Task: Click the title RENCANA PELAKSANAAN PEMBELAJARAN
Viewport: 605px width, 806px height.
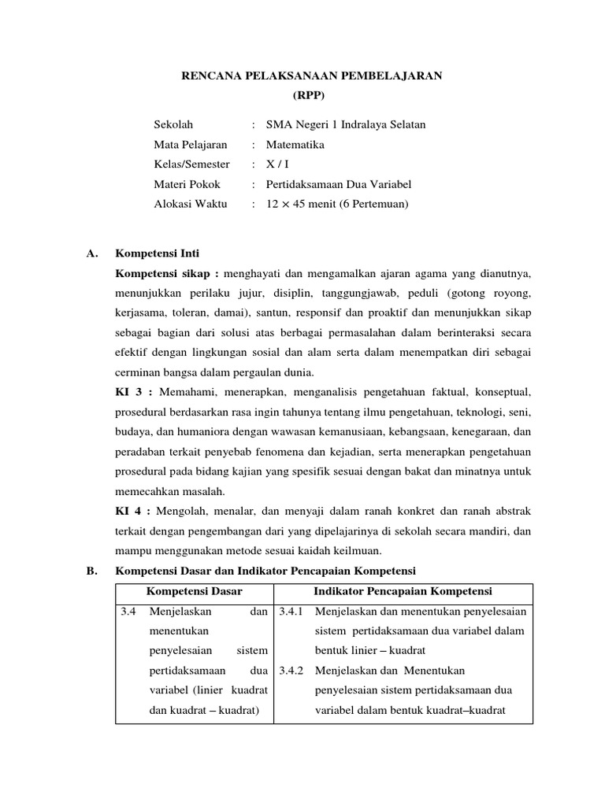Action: [x=313, y=76]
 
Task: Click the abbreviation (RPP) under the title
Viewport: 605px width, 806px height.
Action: [x=308, y=95]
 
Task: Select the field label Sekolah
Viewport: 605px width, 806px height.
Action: [x=173, y=124]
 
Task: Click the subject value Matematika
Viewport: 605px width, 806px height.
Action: [x=295, y=145]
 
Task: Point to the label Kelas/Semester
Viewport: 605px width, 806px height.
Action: [x=191, y=165]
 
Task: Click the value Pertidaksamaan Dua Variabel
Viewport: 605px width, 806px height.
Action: [x=339, y=184]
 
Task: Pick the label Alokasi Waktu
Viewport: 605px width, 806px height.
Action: [x=190, y=204]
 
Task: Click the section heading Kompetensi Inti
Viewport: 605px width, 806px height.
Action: [x=158, y=253]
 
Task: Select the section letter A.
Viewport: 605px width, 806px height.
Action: [x=91, y=253]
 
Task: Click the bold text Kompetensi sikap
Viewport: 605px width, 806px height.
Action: [x=165, y=273]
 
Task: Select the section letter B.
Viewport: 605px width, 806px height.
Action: [x=91, y=570]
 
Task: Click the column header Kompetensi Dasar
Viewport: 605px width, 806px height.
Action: [x=194, y=591]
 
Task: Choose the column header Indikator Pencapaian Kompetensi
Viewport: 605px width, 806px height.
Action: [x=403, y=591]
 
